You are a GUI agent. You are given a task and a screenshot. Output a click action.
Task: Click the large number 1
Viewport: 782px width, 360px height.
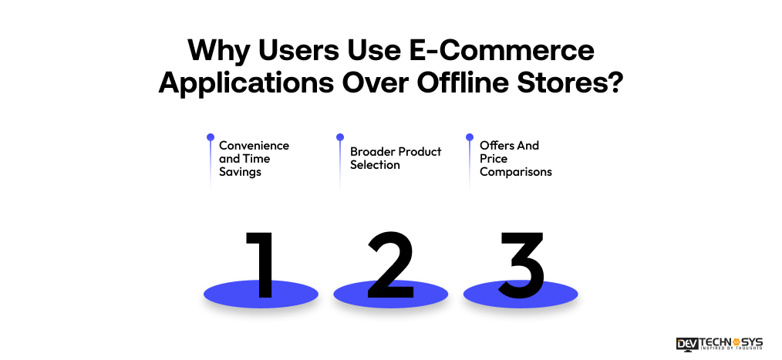(x=261, y=264)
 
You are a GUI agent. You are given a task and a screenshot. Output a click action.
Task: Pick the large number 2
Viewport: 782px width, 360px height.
(x=390, y=264)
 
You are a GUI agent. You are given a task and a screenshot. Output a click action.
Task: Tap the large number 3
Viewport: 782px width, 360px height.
(x=521, y=264)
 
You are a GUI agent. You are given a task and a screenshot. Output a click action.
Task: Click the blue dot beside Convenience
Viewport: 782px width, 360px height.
(x=210, y=137)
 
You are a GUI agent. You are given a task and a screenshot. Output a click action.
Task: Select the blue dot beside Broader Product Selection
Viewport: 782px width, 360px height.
(x=340, y=137)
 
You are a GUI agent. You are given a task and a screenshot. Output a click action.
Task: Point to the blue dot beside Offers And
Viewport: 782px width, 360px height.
(x=470, y=137)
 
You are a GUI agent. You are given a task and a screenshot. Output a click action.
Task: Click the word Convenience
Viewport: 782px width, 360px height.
(x=254, y=145)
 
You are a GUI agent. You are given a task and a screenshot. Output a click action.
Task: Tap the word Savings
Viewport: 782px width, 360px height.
(x=240, y=172)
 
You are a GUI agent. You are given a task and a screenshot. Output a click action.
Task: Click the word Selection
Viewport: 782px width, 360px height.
(x=375, y=165)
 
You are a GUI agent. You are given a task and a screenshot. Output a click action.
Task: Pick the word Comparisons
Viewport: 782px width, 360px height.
(x=515, y=172)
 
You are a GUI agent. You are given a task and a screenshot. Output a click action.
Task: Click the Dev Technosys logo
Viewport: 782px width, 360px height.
(x=720, y=343)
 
